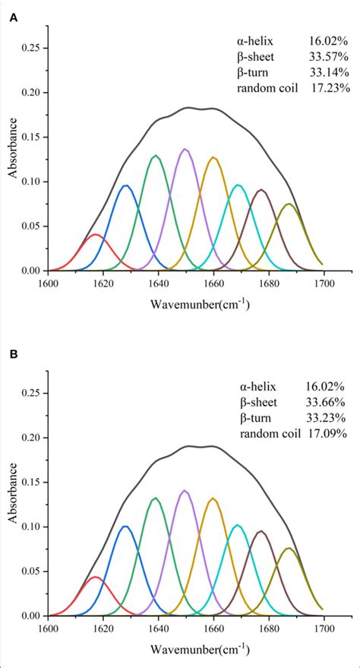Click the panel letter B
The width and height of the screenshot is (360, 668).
[14, 354]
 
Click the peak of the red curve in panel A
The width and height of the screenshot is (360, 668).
[96, 235]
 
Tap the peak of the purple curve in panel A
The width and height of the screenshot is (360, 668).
[185, 149]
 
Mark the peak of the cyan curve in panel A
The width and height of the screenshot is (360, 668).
[239, 185]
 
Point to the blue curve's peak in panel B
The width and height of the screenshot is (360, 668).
[125, 526]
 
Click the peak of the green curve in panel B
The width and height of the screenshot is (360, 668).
[155, 498]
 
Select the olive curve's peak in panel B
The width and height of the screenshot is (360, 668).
[289, 548]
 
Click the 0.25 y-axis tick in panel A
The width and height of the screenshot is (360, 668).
[32, 48]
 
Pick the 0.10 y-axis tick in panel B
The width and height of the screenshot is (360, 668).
[32, 527]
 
